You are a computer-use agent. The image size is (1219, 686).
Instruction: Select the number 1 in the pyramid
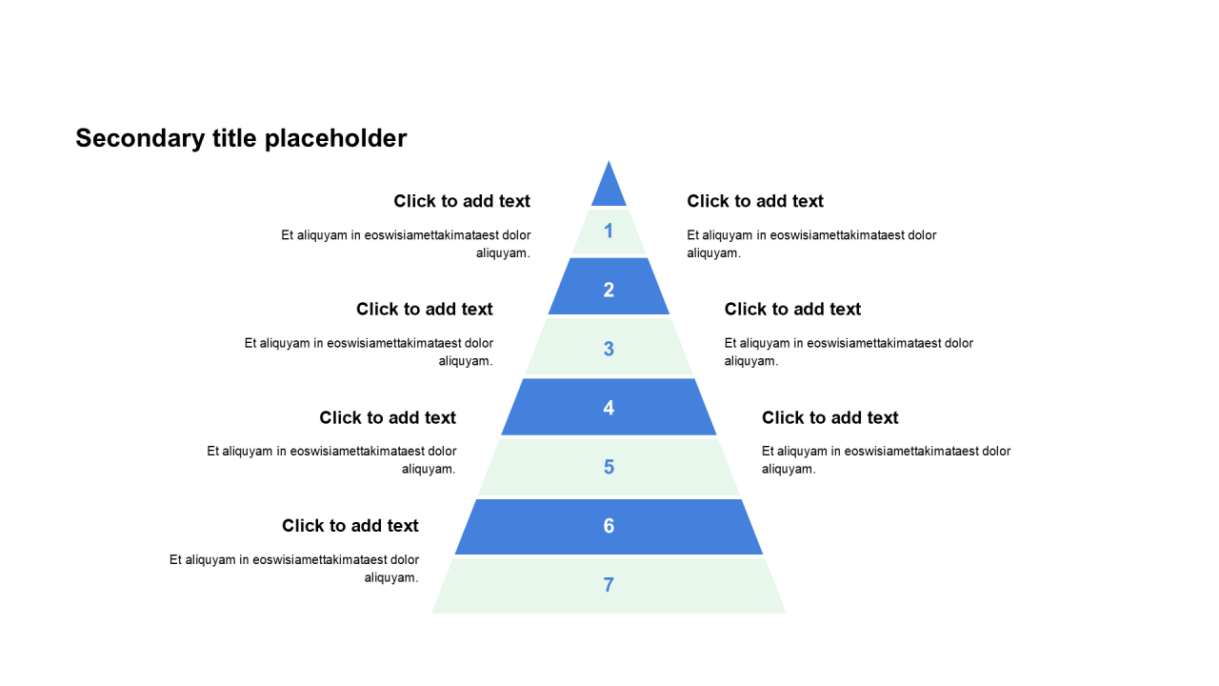(609, 231)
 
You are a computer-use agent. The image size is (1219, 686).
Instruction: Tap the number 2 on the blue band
(609, 290)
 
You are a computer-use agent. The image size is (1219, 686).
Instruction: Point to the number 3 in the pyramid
(609, 349)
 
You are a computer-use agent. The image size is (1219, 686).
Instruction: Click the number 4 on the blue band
(609, 408)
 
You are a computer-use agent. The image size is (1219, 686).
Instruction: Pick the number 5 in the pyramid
(609, 467)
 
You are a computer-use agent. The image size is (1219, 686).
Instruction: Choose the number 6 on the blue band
(609, 526)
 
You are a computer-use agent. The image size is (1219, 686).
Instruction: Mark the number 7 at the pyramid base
(609, 585)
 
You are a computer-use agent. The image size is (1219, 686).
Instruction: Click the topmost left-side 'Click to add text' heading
(462, 201)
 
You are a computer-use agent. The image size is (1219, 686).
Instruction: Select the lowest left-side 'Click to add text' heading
(350, 526)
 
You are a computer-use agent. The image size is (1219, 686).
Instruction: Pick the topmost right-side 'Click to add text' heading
(755, 201)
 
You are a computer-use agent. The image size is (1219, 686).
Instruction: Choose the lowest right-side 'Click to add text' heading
(829, 417)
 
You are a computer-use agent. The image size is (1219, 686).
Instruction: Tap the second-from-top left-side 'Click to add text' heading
(425, 310)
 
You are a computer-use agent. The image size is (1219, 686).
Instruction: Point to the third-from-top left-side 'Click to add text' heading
(388, 417)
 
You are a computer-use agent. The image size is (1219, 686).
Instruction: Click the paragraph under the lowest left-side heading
(295, 569)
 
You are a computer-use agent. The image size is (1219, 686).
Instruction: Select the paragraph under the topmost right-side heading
(811, 244)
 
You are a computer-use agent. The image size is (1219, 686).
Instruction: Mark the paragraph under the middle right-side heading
(849, 352)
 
